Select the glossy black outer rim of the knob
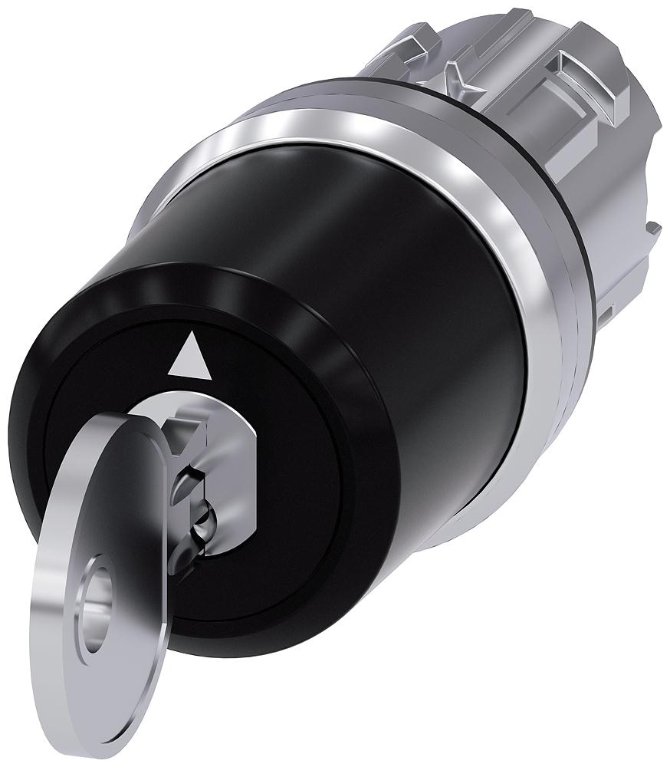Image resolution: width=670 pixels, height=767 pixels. (360, 383)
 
